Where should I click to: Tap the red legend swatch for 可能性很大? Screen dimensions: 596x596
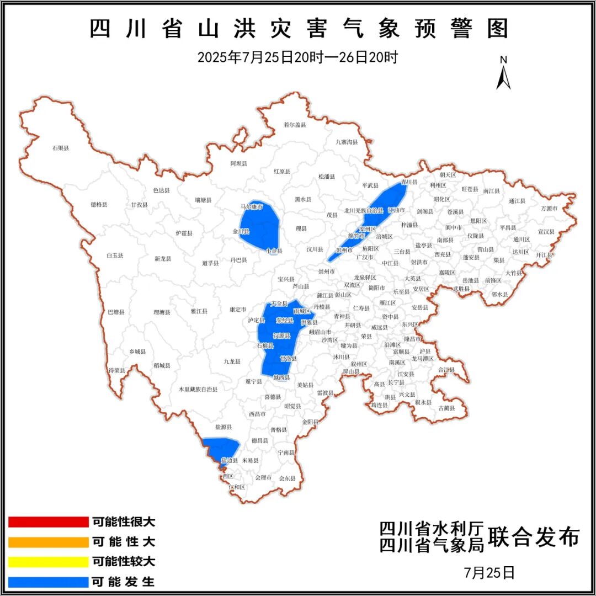[49, 522]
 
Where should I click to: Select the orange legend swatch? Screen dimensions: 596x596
[49, 542]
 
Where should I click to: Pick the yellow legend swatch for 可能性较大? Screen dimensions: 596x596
[49, 562]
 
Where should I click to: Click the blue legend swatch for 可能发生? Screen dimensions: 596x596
[49, 582]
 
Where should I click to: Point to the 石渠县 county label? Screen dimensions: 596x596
[61, 148]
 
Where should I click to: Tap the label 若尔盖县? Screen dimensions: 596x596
[294, 125]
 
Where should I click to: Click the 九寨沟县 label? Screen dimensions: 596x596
[347, 142]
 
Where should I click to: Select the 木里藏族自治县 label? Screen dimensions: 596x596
[198, 389]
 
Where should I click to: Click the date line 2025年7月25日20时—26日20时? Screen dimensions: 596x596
[298, 57]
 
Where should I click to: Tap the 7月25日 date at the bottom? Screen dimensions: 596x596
[489, 572]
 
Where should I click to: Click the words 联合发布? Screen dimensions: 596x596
[534, 536]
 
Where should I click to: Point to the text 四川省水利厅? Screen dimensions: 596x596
[431, 528]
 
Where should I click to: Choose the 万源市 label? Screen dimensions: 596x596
[549, 209]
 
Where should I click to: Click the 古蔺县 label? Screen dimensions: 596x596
[446, 408]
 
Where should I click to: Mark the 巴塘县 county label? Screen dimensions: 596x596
[116, 312]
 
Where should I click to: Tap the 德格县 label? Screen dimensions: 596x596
[99, 204]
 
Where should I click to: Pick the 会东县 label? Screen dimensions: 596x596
[288, 478]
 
